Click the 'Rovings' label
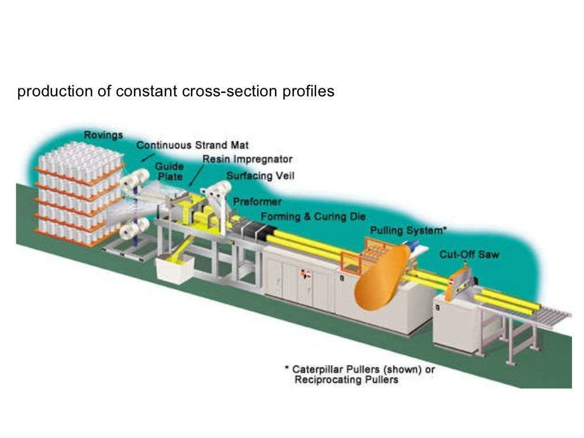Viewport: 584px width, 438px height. click(103, 135)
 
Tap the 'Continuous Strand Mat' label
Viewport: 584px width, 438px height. click(192, 145)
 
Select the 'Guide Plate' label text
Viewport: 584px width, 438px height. click(170, 171)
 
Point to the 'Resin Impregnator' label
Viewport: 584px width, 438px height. click(248, 159)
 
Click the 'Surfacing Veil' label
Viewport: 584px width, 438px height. click(260, 176)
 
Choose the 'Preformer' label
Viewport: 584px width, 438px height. click(257, 202)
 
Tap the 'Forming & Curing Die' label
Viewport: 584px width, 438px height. click(313, 217)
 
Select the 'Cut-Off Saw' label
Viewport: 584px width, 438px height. click(469, 254)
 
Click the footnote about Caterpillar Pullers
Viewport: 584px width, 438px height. click(359, 374)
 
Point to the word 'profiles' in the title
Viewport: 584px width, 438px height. click(309, 92)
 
